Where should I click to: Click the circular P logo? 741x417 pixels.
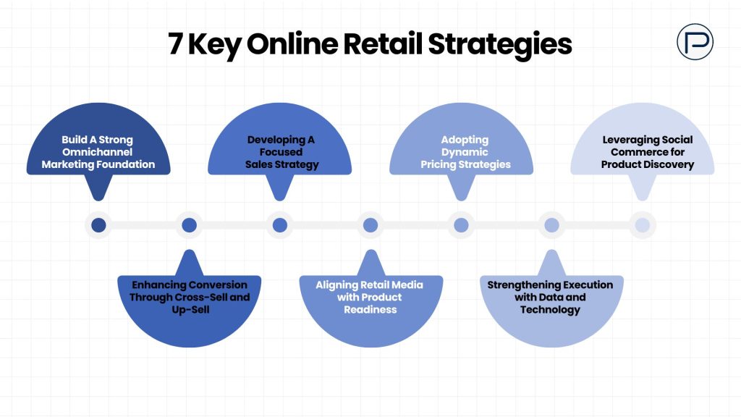click(x=695, y=42)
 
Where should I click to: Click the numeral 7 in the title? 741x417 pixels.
click(x=175, y=44)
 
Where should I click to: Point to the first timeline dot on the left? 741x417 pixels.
click(x=99, y=225)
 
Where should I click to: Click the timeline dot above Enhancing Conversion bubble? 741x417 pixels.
click(x=190, y=225)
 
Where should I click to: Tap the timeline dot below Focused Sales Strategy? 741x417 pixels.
click(x=280, y=225)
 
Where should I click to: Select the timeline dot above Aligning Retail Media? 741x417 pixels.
click(x=370, y=225)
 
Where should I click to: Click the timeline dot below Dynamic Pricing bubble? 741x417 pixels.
click(x=461, y=225)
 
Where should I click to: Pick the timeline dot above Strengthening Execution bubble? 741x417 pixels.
click(x=551, y=225)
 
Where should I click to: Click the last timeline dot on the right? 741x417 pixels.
click(x=642, y=225)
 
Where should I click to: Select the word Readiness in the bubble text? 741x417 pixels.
click(x=370, y=309)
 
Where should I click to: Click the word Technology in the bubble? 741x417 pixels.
click(x=550, y=309)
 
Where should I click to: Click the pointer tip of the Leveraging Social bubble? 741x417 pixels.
click(x=642, y=200)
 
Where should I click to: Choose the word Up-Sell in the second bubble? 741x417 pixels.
click(x=189, y=309)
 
